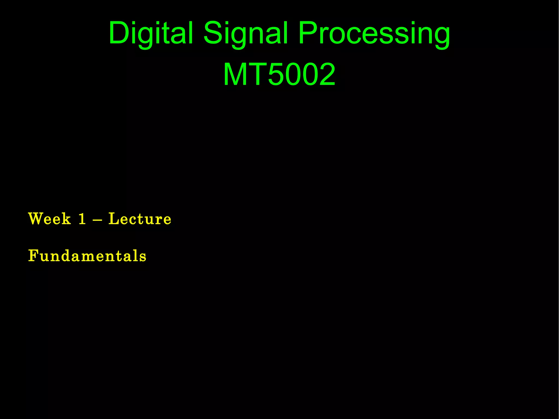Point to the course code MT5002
pos(279,74)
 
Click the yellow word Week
pos(50,219)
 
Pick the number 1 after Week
pos(82,219)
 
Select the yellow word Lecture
pos(140,219)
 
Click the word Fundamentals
pos(87,256)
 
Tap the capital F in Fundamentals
pos(33,256)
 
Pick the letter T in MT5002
pos(258,74)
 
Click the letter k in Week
pos(66,219)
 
